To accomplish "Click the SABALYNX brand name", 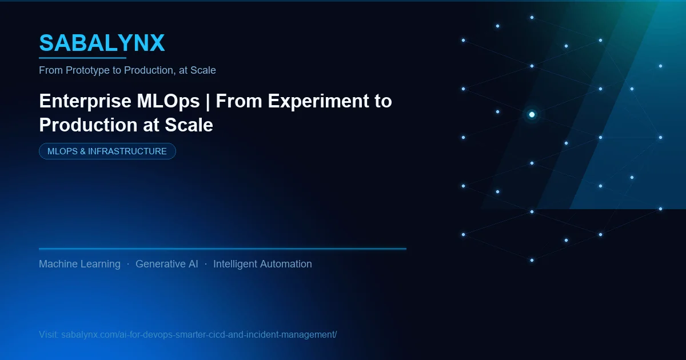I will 102,43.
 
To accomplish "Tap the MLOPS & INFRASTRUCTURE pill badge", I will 107,151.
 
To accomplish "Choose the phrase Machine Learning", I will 79,264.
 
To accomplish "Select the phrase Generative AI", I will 167,264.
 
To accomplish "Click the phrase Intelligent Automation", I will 262,264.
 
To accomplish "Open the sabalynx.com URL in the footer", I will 199,334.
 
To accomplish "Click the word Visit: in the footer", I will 49,334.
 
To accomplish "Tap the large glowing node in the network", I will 532,115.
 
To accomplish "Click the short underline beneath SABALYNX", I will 82,58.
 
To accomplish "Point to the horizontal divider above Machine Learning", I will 222,249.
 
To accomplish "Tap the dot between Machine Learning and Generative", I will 127,264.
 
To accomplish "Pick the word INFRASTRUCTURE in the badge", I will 127,151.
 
